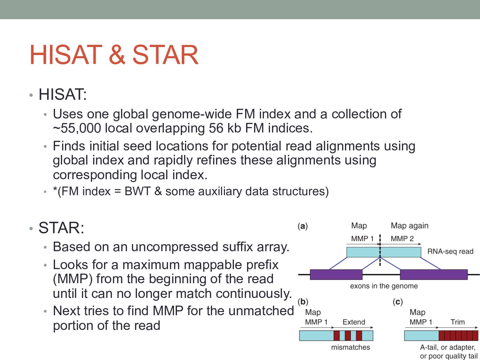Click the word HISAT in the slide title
tap(66, 55)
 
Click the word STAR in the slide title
tap(165, 55)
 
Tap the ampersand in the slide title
tap(117, 55)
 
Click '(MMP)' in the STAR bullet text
tap(73, 279)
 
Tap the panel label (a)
tap(302, 226)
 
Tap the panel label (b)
tap(303, 302)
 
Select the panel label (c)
tap(398, 302)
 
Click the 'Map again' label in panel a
tap(409, 226)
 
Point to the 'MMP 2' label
tap(402, 239)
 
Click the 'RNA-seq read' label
tap(450, 252)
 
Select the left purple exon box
tap(336, 275)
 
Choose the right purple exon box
tap(434, 275)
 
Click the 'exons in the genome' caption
tap(384, 286)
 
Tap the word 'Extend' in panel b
tap(354, 322)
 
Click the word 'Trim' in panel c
tap(458, 322)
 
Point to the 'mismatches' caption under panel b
tap(350, 348)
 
